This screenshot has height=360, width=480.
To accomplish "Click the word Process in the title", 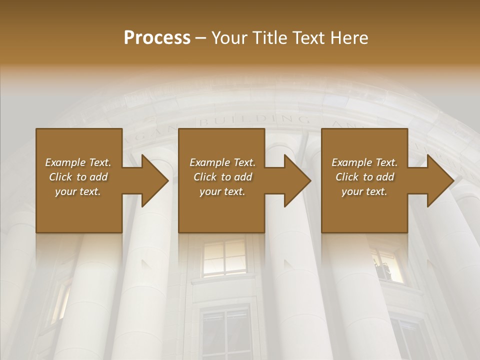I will tap(157, 38).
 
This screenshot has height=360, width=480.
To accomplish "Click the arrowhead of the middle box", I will tap(297, 180).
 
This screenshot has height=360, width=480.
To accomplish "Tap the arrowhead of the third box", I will tap(440, 180).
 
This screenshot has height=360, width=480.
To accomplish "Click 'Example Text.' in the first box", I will tap(78, 162).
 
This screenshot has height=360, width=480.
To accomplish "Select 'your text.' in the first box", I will tap(78, 191).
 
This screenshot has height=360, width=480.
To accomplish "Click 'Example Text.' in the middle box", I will tap(222, 162).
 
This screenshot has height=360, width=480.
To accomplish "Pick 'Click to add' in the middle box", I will tap(222, 177).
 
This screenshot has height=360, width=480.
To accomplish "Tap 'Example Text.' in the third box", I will tap(364, 162).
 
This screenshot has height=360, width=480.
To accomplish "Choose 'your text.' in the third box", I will tap(364, 191).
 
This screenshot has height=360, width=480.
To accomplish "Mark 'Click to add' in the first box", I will tap(78, 177).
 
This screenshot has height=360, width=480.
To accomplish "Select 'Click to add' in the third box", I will tap(364, 177).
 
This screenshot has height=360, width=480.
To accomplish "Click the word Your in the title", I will tap(228, 38).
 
